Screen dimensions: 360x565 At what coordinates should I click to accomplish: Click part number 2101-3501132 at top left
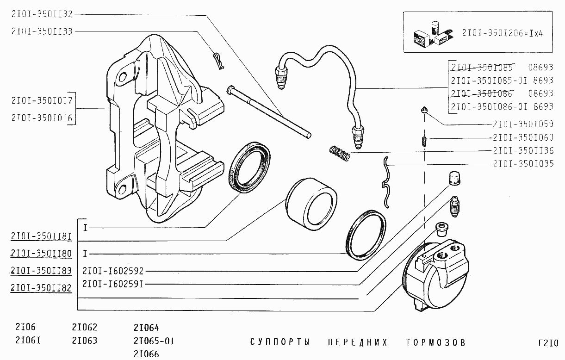point(42,14)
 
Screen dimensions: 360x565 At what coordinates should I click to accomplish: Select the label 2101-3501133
point(42,31)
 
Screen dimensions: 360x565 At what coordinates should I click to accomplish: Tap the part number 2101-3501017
point(42,100)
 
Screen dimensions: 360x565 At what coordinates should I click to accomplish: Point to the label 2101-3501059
point(523,124)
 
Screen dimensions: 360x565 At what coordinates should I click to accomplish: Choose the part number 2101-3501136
point(523,151)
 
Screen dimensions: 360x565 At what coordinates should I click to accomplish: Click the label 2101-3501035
point(523,164)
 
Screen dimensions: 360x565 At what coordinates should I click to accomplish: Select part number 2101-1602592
point(113,271)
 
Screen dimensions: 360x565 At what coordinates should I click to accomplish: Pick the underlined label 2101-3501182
point(41,288)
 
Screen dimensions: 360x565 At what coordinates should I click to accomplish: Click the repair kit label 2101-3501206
point(502,33)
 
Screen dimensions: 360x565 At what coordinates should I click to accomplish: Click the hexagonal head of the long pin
point(230,90)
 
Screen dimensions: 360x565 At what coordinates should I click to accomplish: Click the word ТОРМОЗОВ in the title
point(435,342)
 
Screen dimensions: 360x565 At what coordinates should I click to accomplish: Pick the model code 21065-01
point(154,341)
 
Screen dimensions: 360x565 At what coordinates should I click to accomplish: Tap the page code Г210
point(548,343)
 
